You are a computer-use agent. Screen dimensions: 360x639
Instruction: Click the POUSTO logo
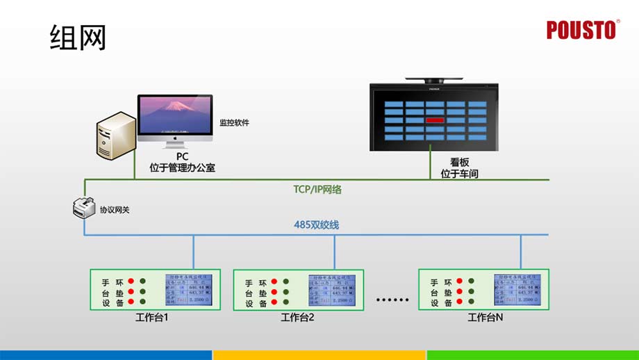pyautogui.click(x=581, y=30)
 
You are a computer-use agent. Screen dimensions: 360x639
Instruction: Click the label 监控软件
pyautogui.click(x=234, y=123)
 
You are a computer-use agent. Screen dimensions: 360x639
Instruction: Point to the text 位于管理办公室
pyautogui.click(x=182, y=167)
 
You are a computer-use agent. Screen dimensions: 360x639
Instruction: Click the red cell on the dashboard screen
pyautogui.click(x=435, y=120)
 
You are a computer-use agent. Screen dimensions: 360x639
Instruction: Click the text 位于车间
pyautogui.click(x=460, y=173)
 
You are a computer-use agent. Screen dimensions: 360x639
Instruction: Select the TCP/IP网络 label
pyautogui.click(x=317, y=188)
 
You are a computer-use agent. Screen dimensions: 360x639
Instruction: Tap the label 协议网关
pyautogui.click(x=115, y=209)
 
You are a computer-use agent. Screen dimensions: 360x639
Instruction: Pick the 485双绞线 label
pyautogui.click(x=316, y=225)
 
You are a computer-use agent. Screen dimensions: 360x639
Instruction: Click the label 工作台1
pyautogui.click(x=152, y=318)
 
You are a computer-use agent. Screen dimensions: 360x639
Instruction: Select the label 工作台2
pyautogui.click(x=298, y=318)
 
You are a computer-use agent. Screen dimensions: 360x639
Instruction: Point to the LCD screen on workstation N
pyautogui.click(x=518, y=291)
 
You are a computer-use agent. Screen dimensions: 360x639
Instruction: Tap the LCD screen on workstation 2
pyautogui.click(x=333, y=291)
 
